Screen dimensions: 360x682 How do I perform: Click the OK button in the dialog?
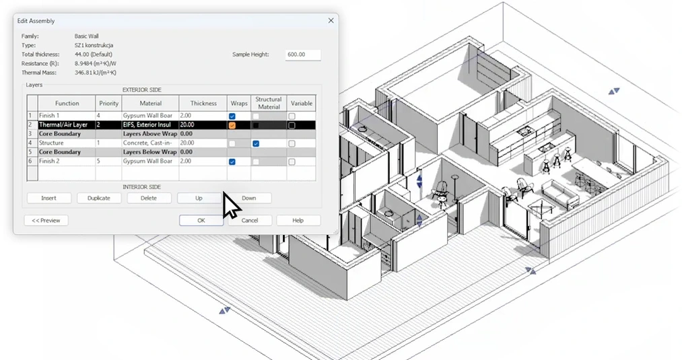coord(201,220)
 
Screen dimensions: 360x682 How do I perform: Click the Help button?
coord(298,220)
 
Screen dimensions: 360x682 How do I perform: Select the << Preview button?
coord(46,220)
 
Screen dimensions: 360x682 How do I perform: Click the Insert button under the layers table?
coord(48,198)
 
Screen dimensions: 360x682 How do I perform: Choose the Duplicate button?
coord(98,198)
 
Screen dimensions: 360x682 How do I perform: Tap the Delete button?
coord(149,198)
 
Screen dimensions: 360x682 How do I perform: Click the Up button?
coord(199,198)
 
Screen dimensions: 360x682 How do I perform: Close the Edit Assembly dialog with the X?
coord(331,21)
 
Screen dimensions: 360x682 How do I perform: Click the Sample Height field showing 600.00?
coord(302,55)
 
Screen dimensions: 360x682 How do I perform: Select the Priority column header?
coord(108,104)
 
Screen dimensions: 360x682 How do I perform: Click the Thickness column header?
coord(203,104)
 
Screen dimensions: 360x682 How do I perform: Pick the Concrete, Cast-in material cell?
coord(149,143)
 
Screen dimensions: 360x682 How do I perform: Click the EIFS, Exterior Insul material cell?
coord(149,125)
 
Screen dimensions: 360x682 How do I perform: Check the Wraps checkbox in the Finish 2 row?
coord(232,162)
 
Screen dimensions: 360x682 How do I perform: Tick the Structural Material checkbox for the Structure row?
coord(256,144)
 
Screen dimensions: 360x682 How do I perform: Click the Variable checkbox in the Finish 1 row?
coord(292,116)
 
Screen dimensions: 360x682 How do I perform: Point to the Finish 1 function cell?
coord(66,116)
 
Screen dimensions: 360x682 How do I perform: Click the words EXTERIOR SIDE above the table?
coord(141,89)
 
